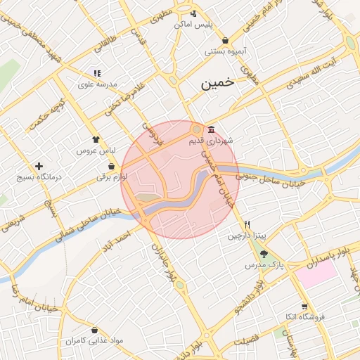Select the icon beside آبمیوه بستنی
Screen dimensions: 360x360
point(224,40)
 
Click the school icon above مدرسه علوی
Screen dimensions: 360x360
point(97,73)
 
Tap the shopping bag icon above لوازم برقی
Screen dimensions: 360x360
point(111,167)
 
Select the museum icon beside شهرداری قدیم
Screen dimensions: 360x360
point(212,128)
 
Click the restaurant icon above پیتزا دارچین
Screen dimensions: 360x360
point(247,224)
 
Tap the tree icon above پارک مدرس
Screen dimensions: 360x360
point(264,254)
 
